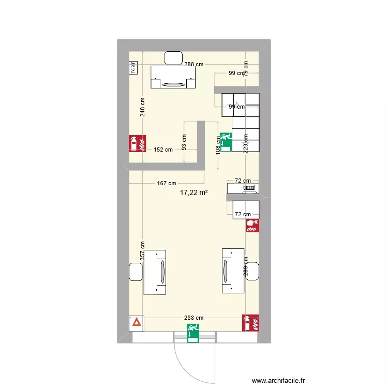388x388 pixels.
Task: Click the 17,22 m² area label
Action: coord(193,192)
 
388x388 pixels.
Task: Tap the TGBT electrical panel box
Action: coord(133,67)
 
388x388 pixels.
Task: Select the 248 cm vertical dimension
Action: coord(142,107)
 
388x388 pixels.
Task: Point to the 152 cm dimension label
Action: coord(163,150)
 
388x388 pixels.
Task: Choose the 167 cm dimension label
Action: coord(166,183)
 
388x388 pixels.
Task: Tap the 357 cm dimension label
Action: coord(142,252)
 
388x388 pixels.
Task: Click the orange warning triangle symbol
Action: coord(136,323)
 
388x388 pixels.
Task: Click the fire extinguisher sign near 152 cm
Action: coord(137,143)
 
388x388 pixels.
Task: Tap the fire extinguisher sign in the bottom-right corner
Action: coord(250,323)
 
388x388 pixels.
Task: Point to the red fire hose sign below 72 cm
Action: coord(252,226)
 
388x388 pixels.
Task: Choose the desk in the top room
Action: coord(173,77)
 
